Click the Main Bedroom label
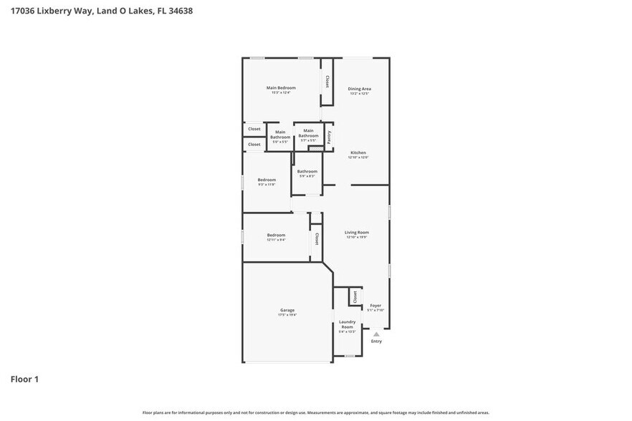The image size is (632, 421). pos(281,88)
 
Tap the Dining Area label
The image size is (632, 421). pos(360,89)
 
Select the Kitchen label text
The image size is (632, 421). pos(358,153)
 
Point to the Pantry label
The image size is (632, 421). pos(329,137)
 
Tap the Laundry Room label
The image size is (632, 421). pos(347,324)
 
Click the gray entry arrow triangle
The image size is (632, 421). pos(376,334)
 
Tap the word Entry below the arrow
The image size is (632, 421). pos(376,342)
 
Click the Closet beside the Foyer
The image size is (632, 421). pos(354,296)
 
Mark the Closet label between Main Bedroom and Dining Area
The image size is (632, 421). pos(327,81)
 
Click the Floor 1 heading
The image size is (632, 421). pos(24,379)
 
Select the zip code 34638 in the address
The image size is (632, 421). pos(180,11)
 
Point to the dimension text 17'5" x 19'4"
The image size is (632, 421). pos(287,314)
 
